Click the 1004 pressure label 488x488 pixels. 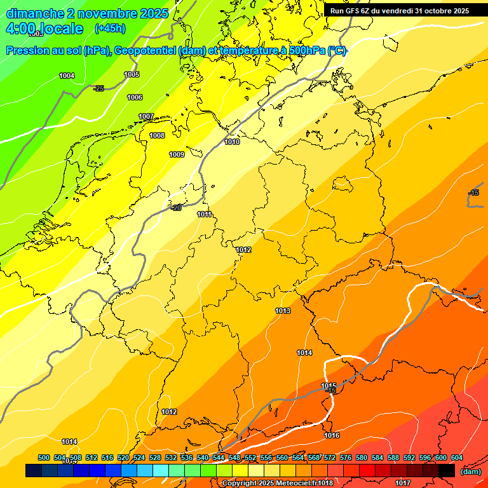click(67, 76)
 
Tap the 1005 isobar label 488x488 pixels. click(132, 75)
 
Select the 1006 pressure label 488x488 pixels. click(135, 97)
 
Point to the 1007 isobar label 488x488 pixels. click(147, 116)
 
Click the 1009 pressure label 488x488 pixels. click(177, 154)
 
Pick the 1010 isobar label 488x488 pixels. click(232, 142)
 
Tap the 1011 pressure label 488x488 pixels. click(204, 214)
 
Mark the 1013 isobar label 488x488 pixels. click(283, 311)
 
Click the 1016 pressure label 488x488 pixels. click(332, 435)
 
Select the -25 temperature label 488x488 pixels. click(98, 88)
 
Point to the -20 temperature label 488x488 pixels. click(177, 208)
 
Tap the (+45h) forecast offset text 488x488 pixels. click(109, 29)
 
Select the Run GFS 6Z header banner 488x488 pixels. click(400, 10)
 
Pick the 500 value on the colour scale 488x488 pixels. click(44, 457)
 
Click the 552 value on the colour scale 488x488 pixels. click(250, 457)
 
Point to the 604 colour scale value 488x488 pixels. click(457, 457)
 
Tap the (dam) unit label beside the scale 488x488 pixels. click(470, 471)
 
